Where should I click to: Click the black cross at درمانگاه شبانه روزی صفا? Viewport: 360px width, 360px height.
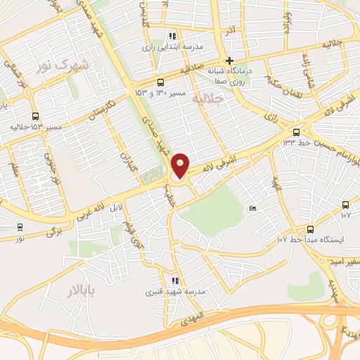click(229, 61)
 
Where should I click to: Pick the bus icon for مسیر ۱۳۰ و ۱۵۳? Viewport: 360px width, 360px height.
click(161, 82)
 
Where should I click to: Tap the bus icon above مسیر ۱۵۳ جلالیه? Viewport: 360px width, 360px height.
click(35, 116)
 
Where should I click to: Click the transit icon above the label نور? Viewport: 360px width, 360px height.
click(19, 227)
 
